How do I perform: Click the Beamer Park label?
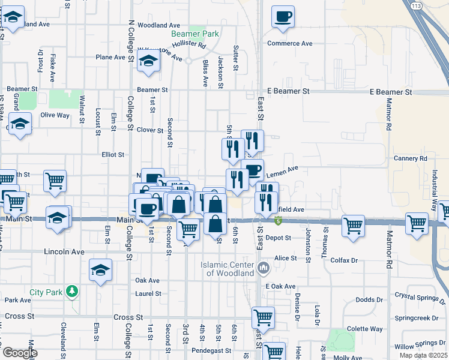[203, 34]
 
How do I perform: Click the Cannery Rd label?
[411, 158]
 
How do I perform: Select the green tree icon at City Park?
[72, 292]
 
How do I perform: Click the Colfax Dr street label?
[345, 260]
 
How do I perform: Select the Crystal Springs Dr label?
[421, 296]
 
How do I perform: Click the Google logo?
[20, 353]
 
